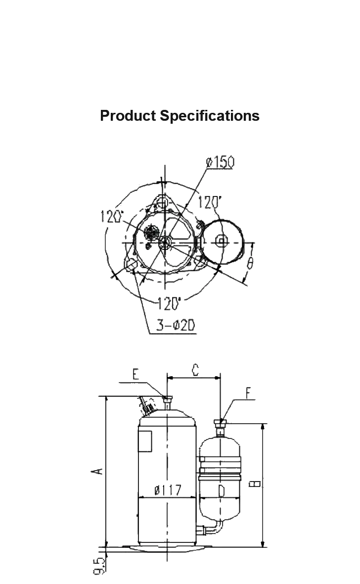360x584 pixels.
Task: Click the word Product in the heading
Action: coord(128,116)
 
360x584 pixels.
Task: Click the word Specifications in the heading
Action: coord(210,116)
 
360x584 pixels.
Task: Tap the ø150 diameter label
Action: coord(220,162)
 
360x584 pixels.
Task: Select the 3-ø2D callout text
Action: coord(176,326)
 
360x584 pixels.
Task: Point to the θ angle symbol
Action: coord(250,263)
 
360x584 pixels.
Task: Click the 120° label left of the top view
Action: coord(112,216)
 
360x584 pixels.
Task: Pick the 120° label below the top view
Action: coord(169,304)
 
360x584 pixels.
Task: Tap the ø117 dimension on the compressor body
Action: coord(168,490)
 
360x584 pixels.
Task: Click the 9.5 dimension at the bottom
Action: coord(98,566)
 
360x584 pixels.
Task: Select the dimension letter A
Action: coord(97,471)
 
